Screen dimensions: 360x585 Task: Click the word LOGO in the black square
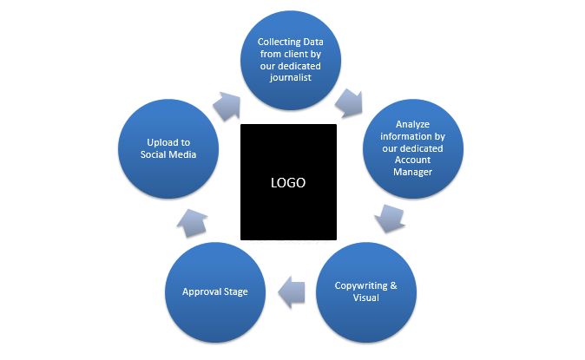point(288,183)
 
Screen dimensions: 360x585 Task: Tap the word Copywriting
point(358,285)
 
